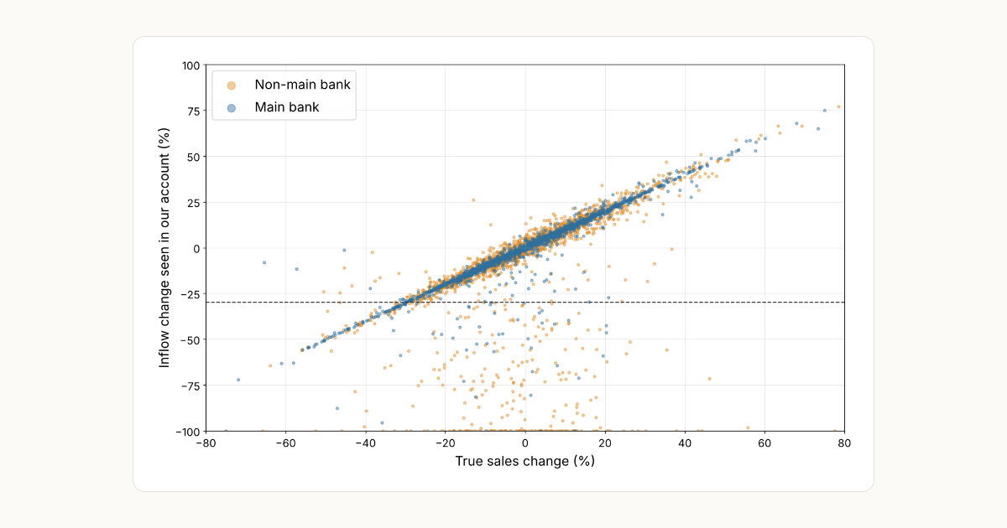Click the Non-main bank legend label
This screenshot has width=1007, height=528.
pyautogui.click(x=302, y=85)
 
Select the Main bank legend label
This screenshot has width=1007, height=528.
pyautogui.click(x=287, y=107)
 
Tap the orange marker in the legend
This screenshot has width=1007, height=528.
pyautogui.click(x=231, y=85)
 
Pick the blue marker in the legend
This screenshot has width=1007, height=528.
pyautogui.click(x=231, y=108)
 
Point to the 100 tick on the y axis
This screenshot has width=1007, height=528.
pyautogui.click(x=190, y=65)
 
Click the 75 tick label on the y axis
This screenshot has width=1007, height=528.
pyautogui.click(x=193, y=111)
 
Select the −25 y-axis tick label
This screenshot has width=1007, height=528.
pyautogui.click(x=190, y=294)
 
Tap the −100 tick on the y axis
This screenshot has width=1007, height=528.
pyautogui.click(x=187, y=432)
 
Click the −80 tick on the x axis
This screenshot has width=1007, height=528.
pyautogui.click(x=206, y=443)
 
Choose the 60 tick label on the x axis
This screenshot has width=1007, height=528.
pyautogui.click(x=764, y=443)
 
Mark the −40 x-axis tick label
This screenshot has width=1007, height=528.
pyautogui.click(x=366, y=443)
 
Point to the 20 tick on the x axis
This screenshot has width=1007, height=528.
pyautogui.click(x=605, y=443)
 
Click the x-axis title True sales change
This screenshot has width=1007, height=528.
pyautogui.click(x=524, y=461)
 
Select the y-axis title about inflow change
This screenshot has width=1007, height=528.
pyautogui.click(x=164, y=248)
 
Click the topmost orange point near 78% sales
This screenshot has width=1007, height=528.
pyautogui.click(x=838, y=107)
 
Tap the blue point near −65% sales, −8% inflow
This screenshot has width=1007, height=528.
pyautogui.click(x=264, y=262)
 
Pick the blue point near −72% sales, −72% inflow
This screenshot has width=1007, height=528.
pyautogui.click(x=238, y=380)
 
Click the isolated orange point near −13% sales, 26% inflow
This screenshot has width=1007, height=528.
pyautogui.click(x=473, y=200)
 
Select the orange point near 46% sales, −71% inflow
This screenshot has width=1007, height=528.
pyautogui.click(x=709, y=379)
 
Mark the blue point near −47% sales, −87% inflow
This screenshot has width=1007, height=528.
pyautogui.click(x=337, y=409)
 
